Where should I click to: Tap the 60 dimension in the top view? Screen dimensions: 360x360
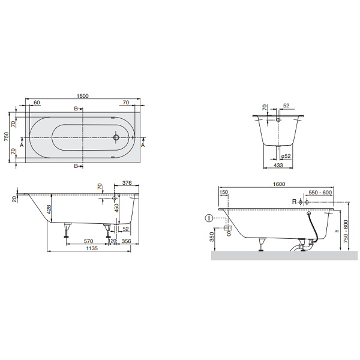37,103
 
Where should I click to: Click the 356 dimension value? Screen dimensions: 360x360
127,241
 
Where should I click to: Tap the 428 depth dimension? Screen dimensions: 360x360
47,209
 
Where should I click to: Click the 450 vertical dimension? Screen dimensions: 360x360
117,208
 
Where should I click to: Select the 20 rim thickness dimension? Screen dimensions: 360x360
13,199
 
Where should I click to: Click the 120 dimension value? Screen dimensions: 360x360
112,241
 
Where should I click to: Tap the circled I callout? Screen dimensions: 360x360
208,218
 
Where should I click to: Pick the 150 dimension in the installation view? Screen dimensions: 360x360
224,193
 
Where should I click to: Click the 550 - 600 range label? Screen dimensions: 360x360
320,193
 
